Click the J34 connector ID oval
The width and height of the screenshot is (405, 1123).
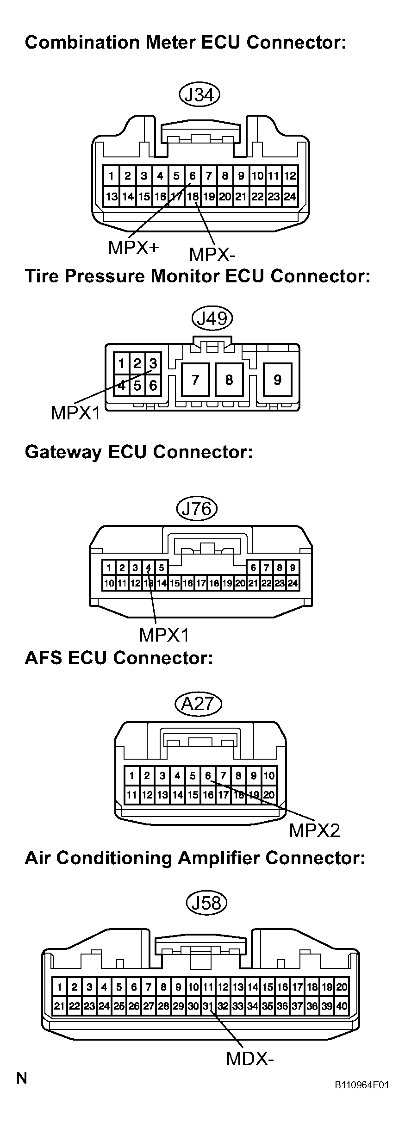point(199,95)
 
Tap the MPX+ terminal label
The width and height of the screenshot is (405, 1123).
point(133,248)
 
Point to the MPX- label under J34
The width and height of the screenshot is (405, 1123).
point(212,254)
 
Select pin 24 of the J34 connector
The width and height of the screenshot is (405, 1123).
point(290,197)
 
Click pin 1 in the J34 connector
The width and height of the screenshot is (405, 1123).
point(112,176)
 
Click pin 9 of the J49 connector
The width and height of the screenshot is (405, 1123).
point(277,380)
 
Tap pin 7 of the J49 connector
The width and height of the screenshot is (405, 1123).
point(195,380)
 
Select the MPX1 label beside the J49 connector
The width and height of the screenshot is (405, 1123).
point(75,413)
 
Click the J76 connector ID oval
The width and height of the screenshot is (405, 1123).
point(197,509)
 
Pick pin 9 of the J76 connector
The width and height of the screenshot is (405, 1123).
point(293,568)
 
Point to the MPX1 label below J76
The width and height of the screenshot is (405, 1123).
point(164,635)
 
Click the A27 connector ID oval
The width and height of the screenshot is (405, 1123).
point(199,704)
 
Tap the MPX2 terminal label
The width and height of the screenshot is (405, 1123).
point(314,830)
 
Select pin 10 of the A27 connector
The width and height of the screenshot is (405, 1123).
point(269,776)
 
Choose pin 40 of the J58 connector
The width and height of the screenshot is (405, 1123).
point(342,1005)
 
